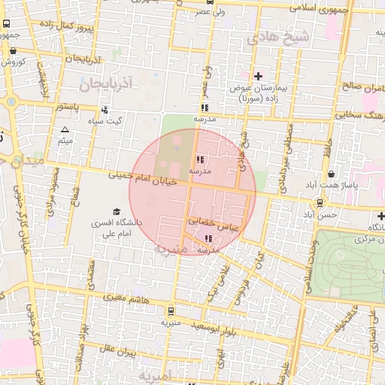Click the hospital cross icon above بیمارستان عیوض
(x=258, y=76)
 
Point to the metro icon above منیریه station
(x=171, y=311)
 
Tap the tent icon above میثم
(x=65, y=130)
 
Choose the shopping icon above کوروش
(x=13, y=51)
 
